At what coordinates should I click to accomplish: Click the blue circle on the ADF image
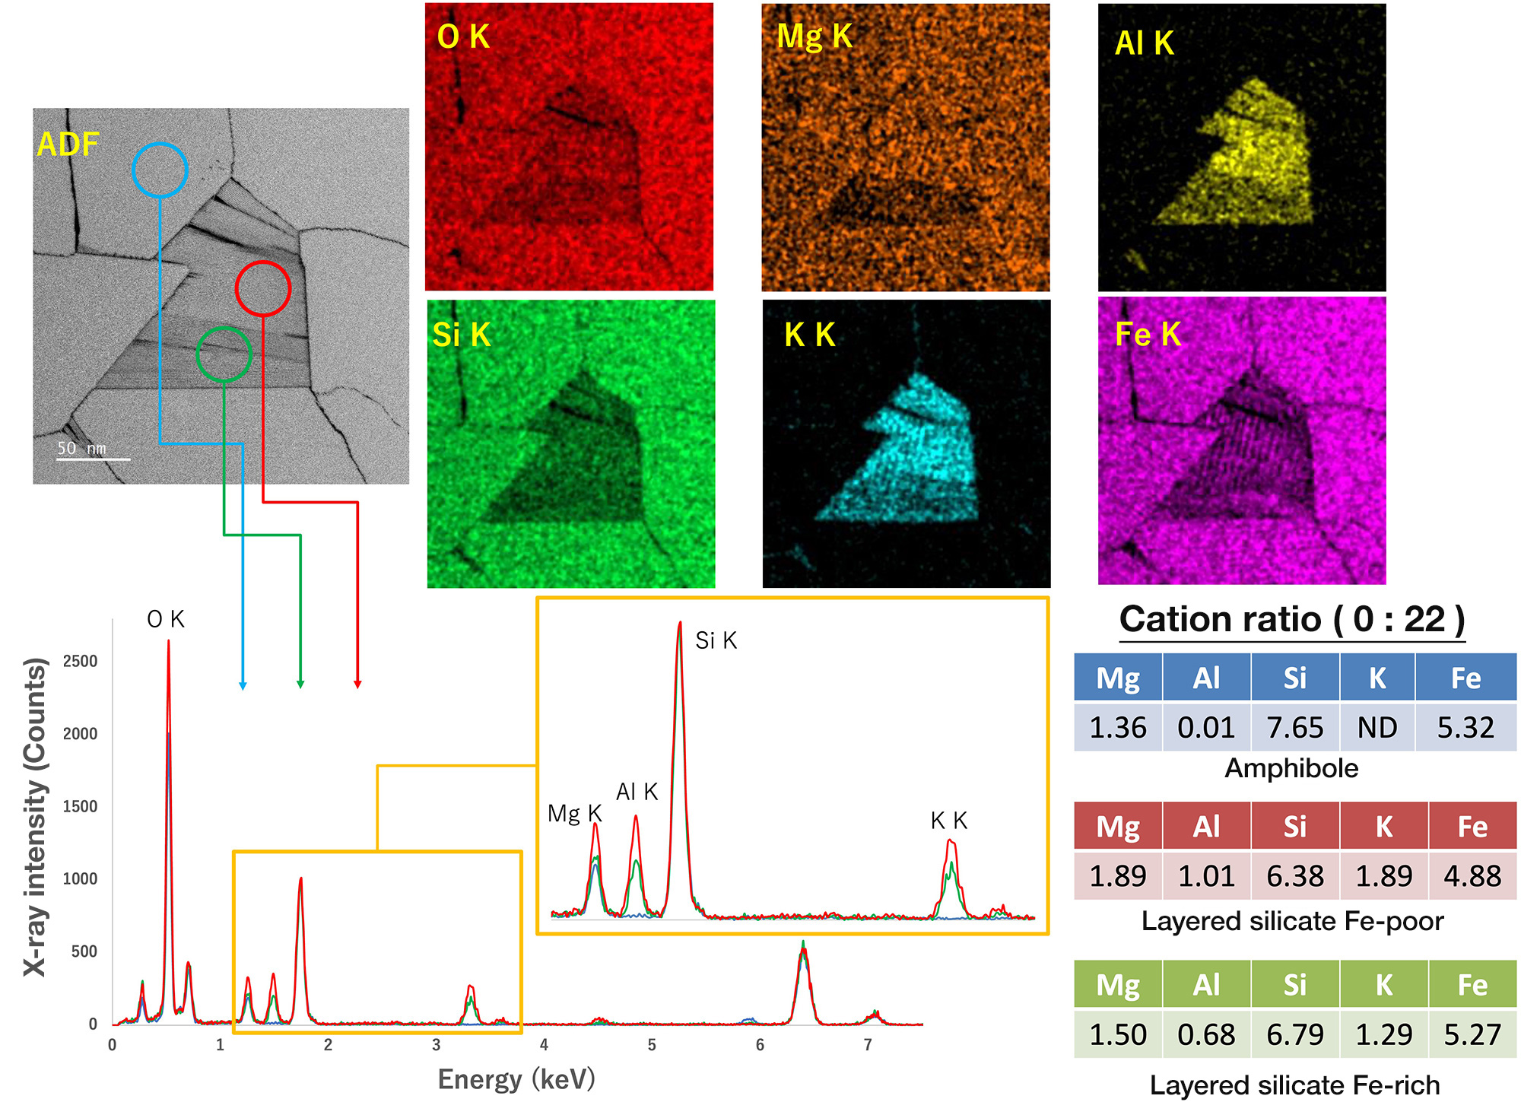160,170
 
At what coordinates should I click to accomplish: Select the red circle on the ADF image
263,288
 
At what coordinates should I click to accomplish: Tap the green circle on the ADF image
224,354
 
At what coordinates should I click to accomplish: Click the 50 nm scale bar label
82,448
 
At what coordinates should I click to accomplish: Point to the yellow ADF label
68,145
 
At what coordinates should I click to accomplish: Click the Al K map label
1144,43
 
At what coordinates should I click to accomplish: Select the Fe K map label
1148,334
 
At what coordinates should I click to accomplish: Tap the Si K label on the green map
462,335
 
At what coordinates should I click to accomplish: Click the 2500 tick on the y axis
81,661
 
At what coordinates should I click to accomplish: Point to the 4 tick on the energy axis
544,1045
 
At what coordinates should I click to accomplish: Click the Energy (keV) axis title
516,1078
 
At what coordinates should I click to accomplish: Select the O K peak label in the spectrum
166,619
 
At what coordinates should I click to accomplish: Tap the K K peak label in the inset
949,821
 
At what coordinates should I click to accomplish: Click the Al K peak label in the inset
637,792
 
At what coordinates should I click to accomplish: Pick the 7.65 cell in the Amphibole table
1294,728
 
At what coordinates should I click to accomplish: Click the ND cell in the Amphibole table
1377,728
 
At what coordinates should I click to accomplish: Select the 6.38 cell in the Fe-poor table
1294,876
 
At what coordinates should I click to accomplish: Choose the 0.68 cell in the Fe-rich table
1206,1034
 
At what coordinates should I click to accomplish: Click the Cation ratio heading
1292,619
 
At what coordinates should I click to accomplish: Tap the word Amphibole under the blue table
1291,768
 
